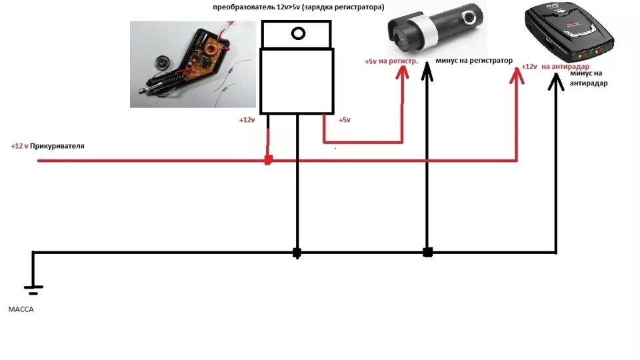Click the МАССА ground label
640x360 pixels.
coord(21,310)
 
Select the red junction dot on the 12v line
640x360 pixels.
coord(268,160)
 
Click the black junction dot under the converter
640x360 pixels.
coord(297,253)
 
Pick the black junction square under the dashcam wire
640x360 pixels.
coord(427,253)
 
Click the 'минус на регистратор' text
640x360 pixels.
coord(474,61)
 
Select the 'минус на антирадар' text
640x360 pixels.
coord(589,78)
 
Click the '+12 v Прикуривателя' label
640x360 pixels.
coord(47,145)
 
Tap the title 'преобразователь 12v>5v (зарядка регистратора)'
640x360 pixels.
coord(298,7)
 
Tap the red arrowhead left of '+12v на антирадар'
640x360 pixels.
coord(517,77)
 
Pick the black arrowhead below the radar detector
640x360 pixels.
coord(555,81)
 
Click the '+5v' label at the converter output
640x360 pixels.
coord(344,120)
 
